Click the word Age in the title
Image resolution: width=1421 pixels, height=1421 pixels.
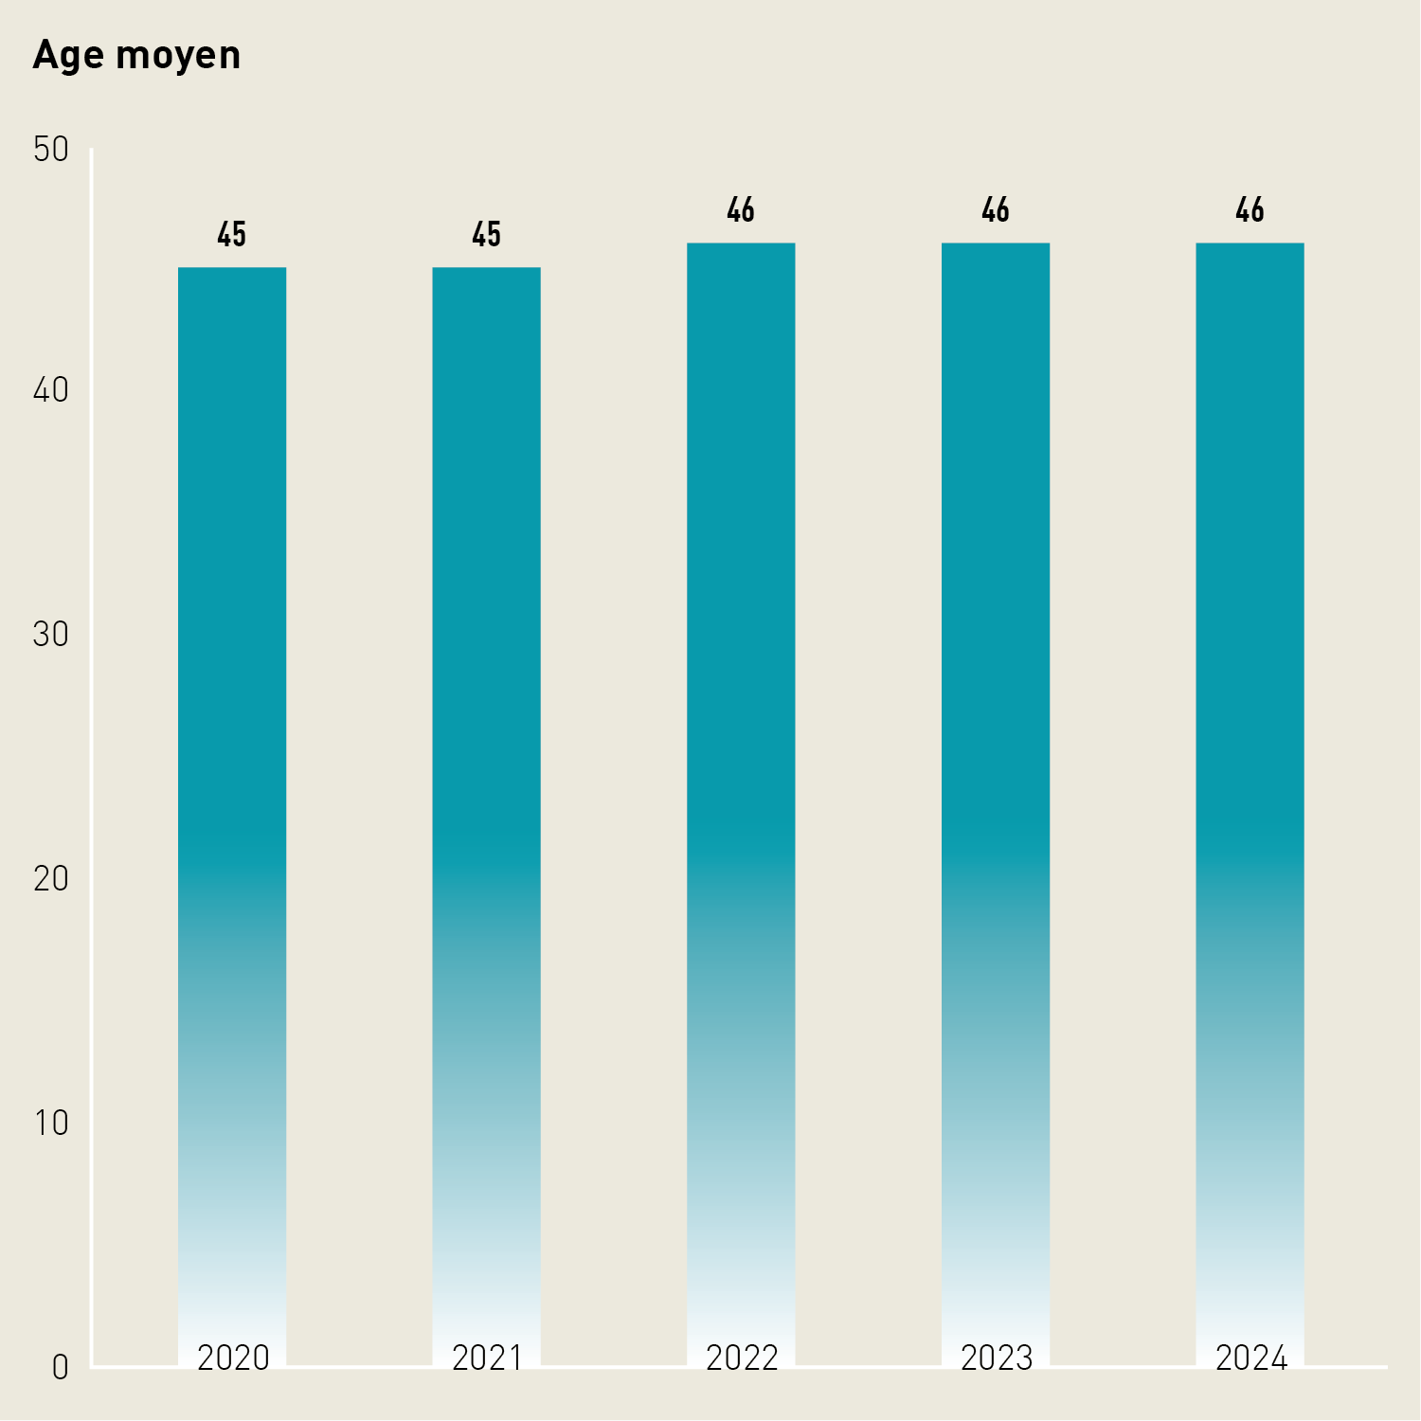69,57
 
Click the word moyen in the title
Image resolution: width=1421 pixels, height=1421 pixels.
177,57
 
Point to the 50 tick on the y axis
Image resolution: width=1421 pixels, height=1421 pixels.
51,150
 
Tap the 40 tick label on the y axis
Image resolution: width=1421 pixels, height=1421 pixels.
51,390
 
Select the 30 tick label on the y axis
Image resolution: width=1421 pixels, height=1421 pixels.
51,635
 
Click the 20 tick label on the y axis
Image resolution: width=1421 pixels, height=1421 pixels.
51,879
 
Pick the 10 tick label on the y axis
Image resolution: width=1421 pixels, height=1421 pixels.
51,1124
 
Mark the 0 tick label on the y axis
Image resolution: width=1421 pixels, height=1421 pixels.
60,1368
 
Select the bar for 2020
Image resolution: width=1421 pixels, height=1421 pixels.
232,758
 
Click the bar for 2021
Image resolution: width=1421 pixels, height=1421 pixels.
487,758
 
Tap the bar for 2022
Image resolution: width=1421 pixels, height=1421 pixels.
741,758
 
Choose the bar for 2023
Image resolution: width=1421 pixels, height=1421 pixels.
996,758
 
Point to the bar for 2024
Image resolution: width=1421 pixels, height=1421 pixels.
1250,758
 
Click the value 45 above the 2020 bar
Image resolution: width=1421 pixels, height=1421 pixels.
232,235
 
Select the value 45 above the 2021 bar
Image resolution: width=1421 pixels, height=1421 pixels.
487,235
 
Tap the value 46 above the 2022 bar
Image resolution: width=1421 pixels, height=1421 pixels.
741,210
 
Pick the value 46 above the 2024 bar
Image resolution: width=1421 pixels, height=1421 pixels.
1250,210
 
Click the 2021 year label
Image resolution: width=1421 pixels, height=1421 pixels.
487,1358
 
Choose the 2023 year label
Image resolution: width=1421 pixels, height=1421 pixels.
996,1358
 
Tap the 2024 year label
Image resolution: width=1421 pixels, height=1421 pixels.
1250,1358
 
